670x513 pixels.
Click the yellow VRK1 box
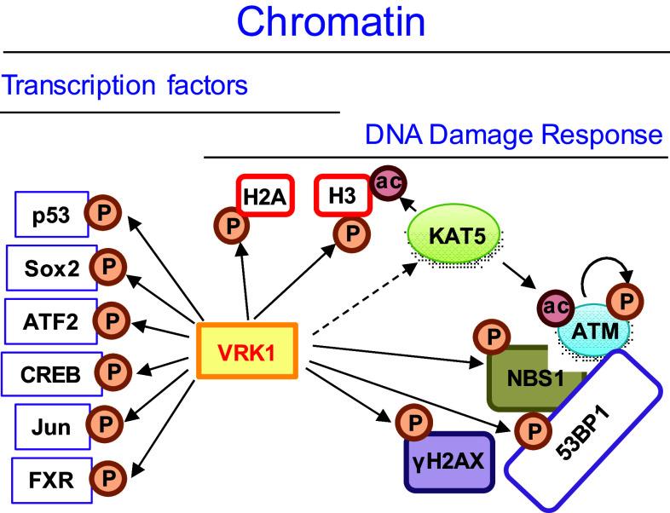(x=247, y=350)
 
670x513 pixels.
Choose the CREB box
(x=49, y=373)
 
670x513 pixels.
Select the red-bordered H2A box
(x=263, y=198)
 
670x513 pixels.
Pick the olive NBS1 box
(x=537, y=376)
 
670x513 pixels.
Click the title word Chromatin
(x=332, y=23)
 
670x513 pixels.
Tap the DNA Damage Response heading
(x=513, y=135)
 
